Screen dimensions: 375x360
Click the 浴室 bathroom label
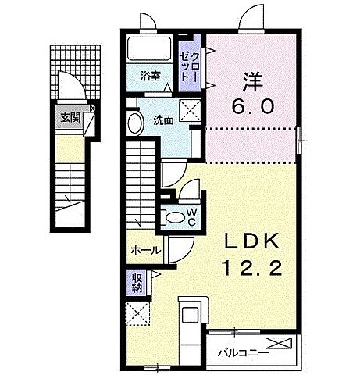click(x=150, y=77)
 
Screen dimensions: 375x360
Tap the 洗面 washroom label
click(x=162, y=120)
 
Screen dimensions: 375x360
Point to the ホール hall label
click(x=146, y=250)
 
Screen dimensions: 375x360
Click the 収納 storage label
click(x=136, y=280)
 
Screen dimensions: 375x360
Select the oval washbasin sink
click(x=134, y=123)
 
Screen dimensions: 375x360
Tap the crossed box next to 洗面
click(x=189, y=111)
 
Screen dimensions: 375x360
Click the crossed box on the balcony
click(x=277, y=344)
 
